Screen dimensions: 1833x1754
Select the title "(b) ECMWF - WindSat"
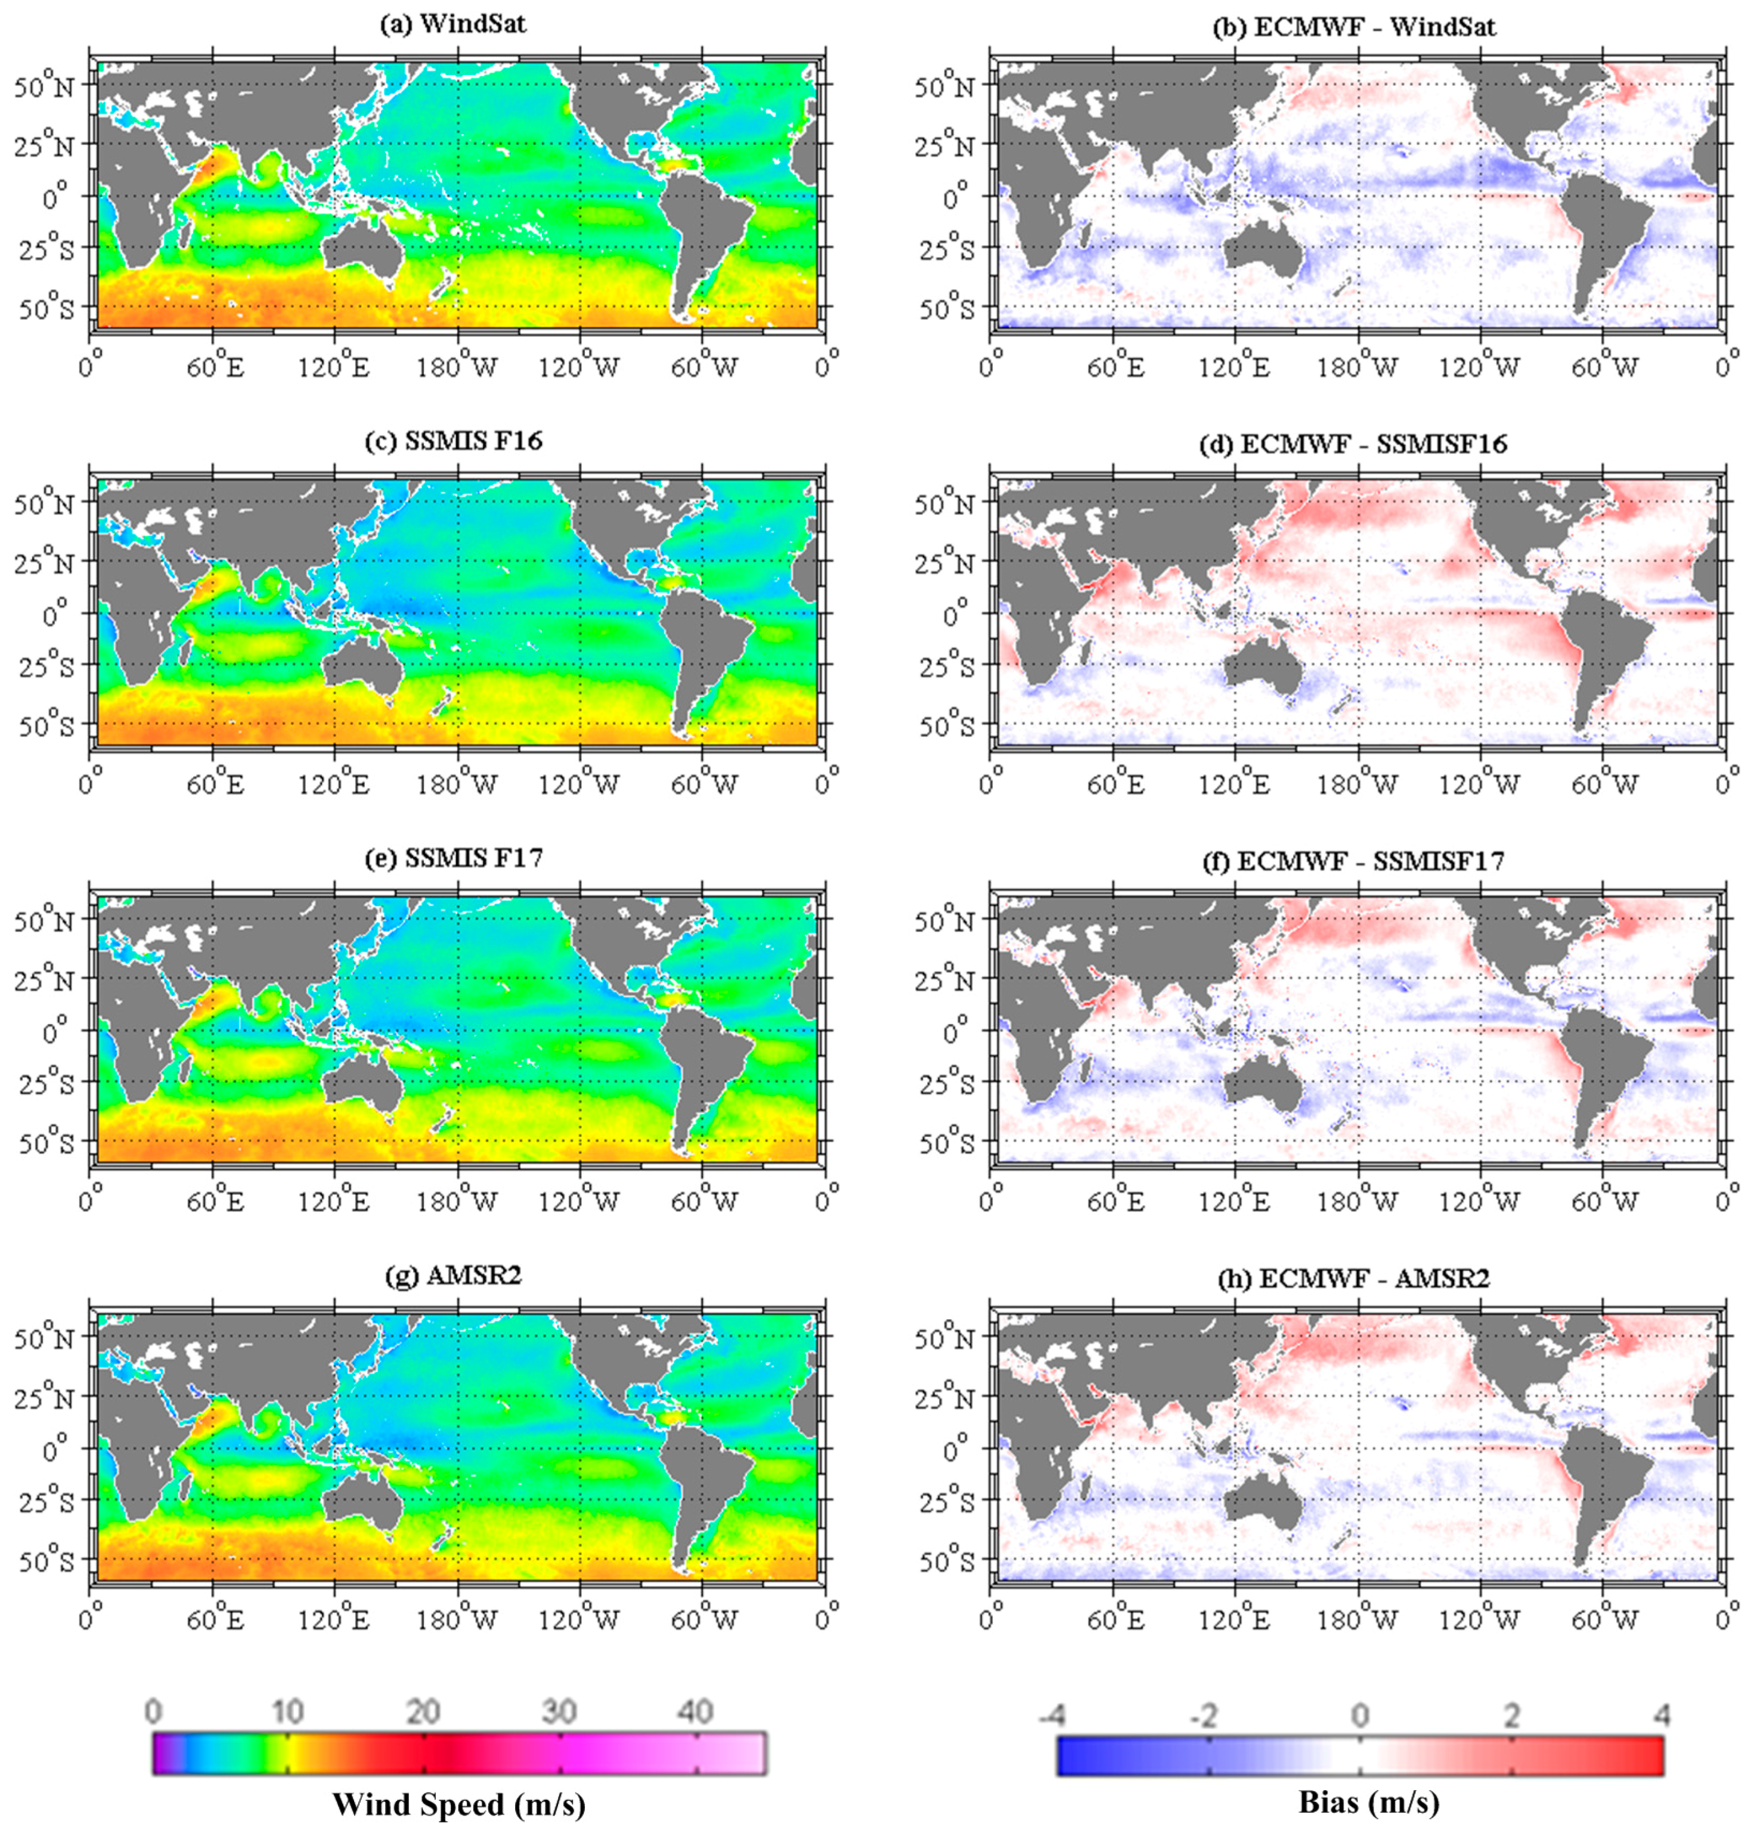tap(1353, 26)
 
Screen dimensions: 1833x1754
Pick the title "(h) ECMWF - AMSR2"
tap(1353, 1278)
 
